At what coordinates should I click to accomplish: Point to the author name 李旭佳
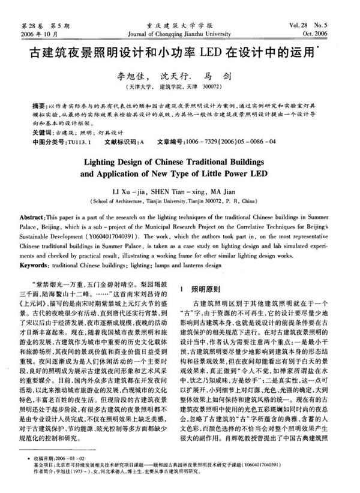click(132, 77)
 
